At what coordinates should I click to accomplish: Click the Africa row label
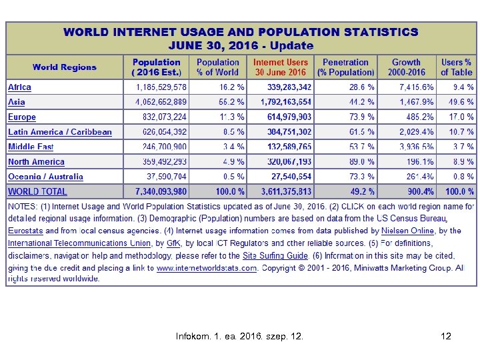pyautogui.click(x=20, y=87)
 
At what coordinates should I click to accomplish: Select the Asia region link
pyautogui.click(x=17, y=102)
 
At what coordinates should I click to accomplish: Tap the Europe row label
pyautogui.click(x=22, y=117)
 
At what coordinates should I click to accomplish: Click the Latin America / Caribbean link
pyautogui.click(x=60, y=132)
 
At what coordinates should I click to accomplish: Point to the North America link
pyautogui.click(x=37, y=162)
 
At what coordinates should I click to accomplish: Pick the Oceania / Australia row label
pyautogui.click(x=46, y=177)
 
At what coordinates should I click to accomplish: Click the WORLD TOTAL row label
pyautogui.click(x=37, y=192)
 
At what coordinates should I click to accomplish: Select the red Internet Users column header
pyautogui.click(x=281, y=67)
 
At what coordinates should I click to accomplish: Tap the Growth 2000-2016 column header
pyautogui.click(x=406, y=67)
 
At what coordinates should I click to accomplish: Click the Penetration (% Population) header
pyautogui.click(x=345, y=67)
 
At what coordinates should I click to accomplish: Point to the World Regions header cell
pyautogui.click(x=65, y=67)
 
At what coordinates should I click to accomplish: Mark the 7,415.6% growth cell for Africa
pyautogui.click(x=416, y=87)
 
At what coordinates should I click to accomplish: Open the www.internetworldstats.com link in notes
pyautogui.click(x=207, y=268)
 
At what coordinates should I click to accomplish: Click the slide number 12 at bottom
pyautogui.click(x=446, y=337)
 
